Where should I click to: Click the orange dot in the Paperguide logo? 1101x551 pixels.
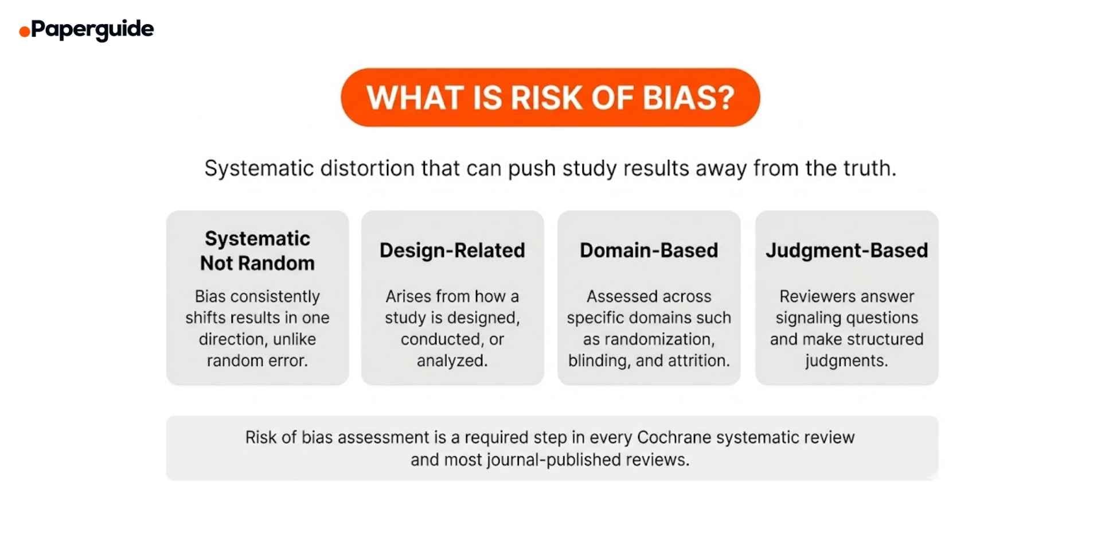pos(24,32)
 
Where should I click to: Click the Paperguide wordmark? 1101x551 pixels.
pos(92,29)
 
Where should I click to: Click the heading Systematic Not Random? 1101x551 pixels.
pos(257,251)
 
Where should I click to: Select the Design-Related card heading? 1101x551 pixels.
pos(452,250)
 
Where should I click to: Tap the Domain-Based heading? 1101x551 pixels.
pos(649,250)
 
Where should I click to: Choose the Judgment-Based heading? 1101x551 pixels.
pos(846,250)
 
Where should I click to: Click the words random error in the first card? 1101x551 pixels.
pos(257,360)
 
